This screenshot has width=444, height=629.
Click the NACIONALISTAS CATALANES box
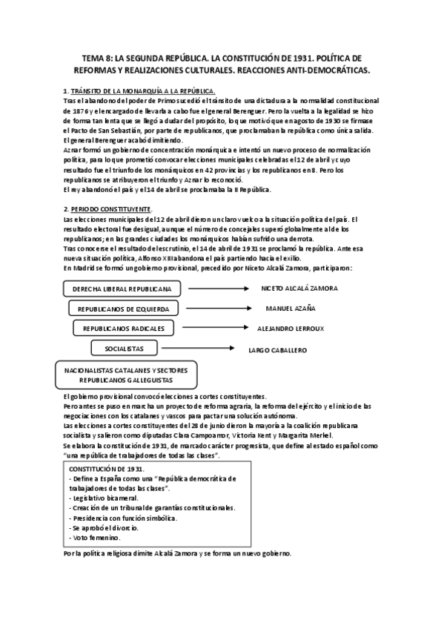tap(125, 374)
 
